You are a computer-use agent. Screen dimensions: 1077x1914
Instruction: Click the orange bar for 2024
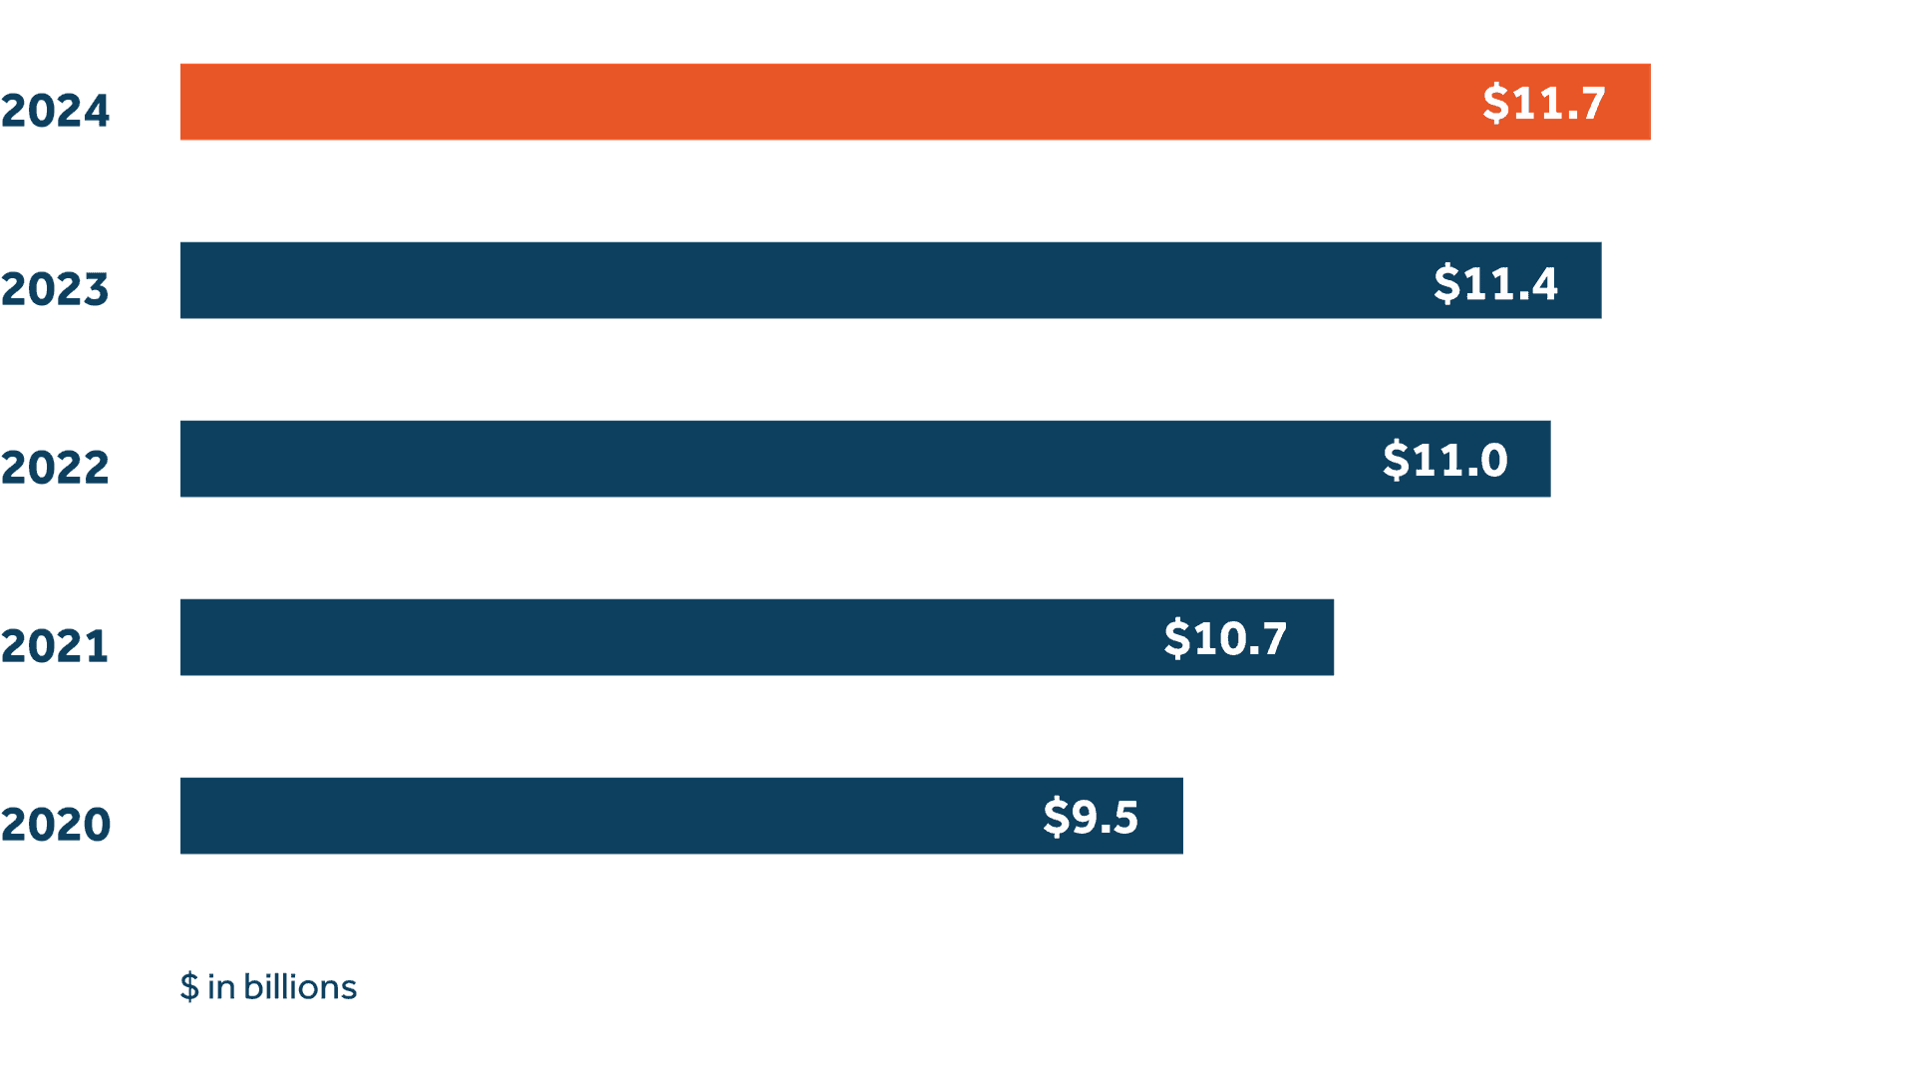coord(797,102)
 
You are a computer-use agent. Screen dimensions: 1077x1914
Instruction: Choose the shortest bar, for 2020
coord(598,816)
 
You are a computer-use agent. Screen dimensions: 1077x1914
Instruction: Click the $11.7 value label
coord(1544,103)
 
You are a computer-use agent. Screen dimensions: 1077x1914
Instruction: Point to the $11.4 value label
coord(1495,283)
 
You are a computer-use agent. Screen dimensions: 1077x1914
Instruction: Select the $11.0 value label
coord(1444,460)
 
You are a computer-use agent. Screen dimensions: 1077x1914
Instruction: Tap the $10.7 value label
coord(1225,638)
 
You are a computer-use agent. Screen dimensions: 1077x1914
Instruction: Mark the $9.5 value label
coord(1091,817)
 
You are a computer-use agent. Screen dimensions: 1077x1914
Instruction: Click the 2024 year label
coord(55,111)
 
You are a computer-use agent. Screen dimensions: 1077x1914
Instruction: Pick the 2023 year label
coord(55,289)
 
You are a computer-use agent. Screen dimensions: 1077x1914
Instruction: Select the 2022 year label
coord(55,468)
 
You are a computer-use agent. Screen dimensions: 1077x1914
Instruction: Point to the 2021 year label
coord(55,646)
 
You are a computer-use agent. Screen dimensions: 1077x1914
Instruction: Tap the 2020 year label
coord(55,825)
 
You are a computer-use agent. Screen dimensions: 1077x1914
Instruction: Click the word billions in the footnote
coord(300,987)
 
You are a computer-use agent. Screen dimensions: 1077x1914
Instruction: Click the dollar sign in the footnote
coord(189,987)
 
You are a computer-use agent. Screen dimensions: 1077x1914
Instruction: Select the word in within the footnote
coord(221,987)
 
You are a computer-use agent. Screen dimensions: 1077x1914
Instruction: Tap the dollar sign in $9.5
coord(1056,817)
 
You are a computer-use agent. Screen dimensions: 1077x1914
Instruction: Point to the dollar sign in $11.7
coord(1495,103)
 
